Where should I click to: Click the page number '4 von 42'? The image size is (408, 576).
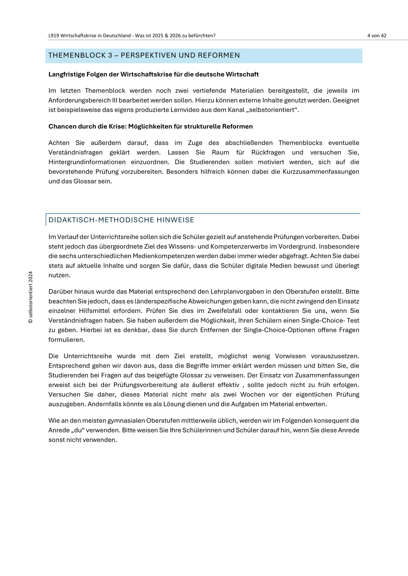tap(377, 36)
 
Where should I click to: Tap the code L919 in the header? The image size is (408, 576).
tap(54, 36)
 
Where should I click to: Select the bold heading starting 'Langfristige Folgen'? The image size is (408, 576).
tap(154, 74)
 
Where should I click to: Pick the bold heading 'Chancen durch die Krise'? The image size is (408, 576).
tap(150, 127)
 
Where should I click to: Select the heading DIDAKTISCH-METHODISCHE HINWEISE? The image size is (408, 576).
tap(121, 220)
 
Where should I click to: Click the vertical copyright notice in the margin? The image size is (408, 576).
tap(31, 297)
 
